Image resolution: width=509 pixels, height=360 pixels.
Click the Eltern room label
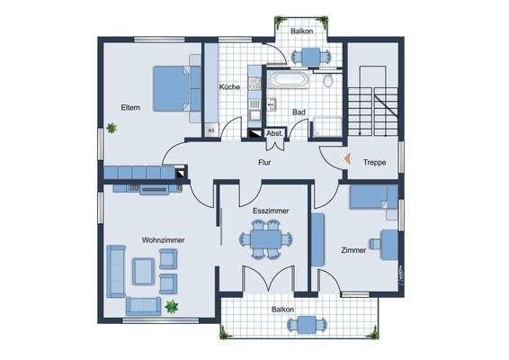131,107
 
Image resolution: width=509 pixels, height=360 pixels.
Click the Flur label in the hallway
264,164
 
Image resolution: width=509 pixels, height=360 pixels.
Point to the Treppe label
375,163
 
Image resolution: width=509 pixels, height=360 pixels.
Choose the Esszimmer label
271,211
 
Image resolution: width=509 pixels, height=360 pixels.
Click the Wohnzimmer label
162,239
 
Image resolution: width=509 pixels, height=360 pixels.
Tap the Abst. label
274,133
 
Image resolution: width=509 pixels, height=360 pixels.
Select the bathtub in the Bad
288,81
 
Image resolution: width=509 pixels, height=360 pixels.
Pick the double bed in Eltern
172,86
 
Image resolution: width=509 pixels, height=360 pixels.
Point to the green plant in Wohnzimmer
171,308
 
